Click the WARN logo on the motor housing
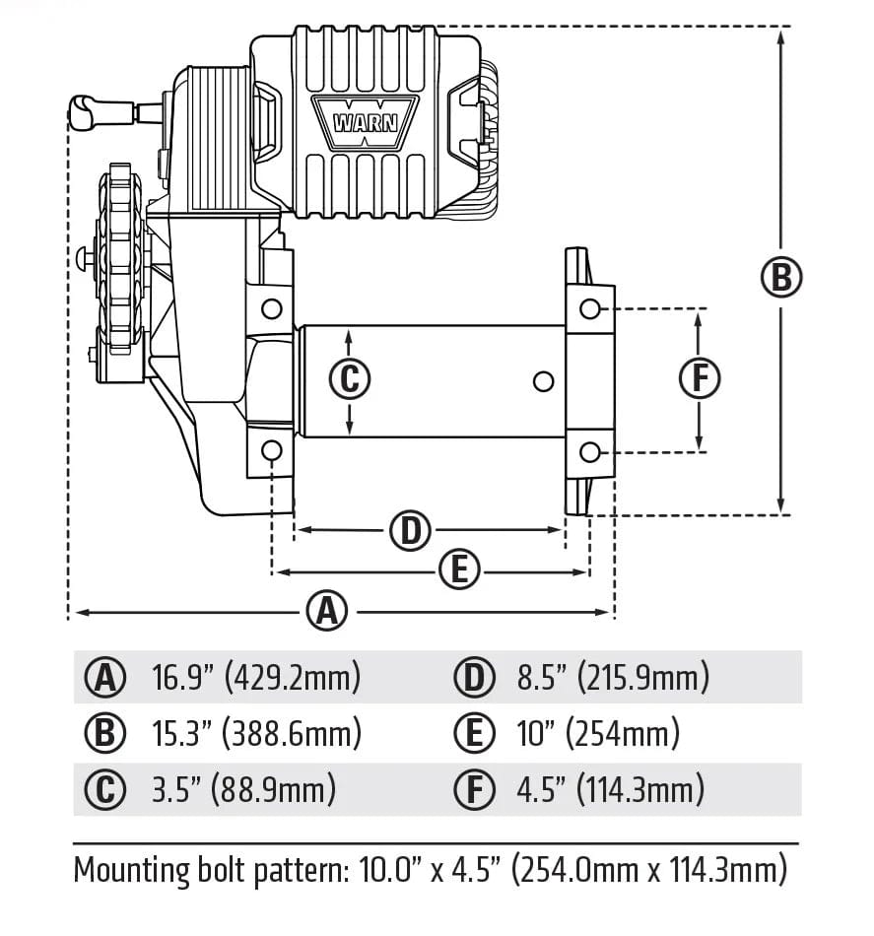tap(364, 122)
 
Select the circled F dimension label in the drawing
tap(700, 378)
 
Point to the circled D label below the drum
tap(411, 531)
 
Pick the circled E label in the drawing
tap(458, 570)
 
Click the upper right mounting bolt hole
tap(589, 308)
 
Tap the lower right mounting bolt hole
tap(589, 451)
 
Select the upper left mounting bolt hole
tap(271, 309)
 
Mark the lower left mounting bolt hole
tap(271, 451)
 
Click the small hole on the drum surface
tap(540, 380)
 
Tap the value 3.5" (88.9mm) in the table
tap(243, 789)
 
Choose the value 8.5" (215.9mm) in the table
tap(613, 677)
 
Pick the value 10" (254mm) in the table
tap(598, 733)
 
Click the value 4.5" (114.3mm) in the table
tap(611, 789)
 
